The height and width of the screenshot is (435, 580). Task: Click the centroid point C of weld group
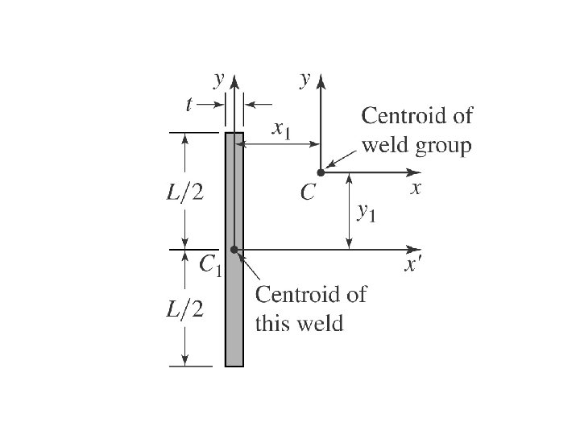point(321,172)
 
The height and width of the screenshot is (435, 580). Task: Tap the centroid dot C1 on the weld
point(234,250)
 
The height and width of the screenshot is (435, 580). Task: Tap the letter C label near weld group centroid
point(308,193)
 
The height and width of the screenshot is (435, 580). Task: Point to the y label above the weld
point(217,80)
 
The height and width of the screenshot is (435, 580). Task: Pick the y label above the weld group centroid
point(304,80)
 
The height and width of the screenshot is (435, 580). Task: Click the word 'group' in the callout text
point(441,147)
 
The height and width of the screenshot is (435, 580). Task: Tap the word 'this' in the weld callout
point(271,324)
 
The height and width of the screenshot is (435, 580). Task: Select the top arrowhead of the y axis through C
point(321,77)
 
